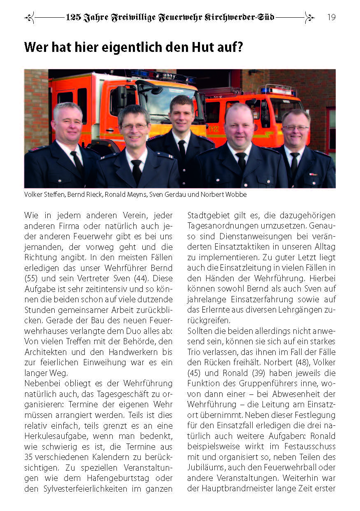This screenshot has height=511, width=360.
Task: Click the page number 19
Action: tap(331, 17)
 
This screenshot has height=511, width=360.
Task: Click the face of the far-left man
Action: tap(67, 123)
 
